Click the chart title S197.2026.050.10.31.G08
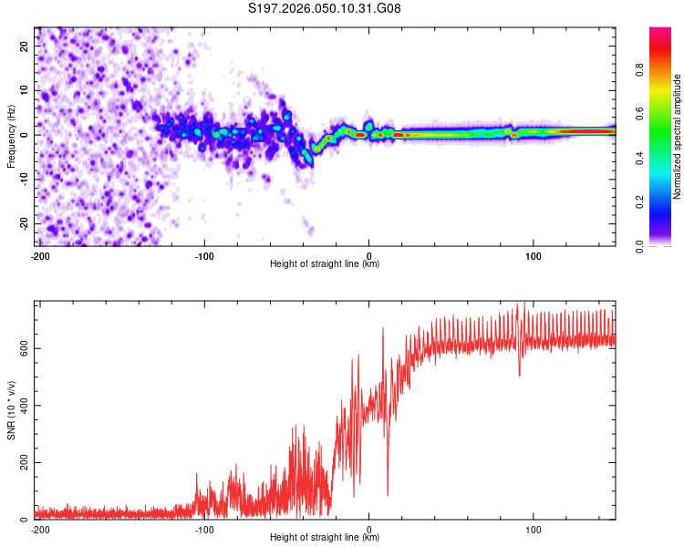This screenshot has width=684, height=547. (x=325, y=8)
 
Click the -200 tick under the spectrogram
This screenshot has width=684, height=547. (x=39, y=256)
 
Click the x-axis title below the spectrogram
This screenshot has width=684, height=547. (x=325, y=264)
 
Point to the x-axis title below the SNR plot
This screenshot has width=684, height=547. (x=325, y=538)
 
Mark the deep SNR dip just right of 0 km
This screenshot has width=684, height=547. (x=388, y=494)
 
